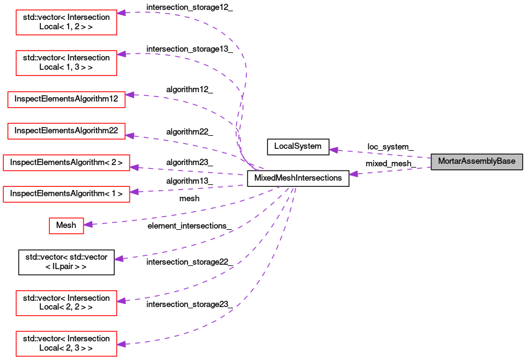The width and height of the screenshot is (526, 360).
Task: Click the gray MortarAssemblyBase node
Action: (477, 162)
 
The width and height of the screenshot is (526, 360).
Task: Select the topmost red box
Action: (66, 22)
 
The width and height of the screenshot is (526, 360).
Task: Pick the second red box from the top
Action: (66, 63)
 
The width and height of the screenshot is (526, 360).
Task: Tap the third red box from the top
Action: (66, 100)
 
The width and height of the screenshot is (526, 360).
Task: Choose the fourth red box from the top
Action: (66, 131)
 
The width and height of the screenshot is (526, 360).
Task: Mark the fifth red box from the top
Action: (66, 163)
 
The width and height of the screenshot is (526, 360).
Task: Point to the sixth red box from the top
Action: (66, 194)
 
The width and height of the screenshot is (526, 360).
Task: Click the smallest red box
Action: (66, 225)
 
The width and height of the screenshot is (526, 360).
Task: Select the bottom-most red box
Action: (66, 344)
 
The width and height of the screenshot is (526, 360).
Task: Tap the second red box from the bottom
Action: (66, 303)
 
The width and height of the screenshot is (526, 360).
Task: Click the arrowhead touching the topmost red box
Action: (122, 13)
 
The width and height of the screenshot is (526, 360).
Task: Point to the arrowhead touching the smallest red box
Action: (89, 224)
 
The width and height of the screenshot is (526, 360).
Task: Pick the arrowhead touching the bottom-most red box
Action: (122, 344)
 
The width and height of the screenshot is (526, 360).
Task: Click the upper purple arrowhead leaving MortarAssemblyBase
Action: (334, 150)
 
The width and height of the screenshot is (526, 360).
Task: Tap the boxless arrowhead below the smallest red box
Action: (119, 258)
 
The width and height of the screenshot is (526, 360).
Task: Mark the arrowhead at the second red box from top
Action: (122, 54)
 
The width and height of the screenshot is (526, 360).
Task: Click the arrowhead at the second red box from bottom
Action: (122, 301)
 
